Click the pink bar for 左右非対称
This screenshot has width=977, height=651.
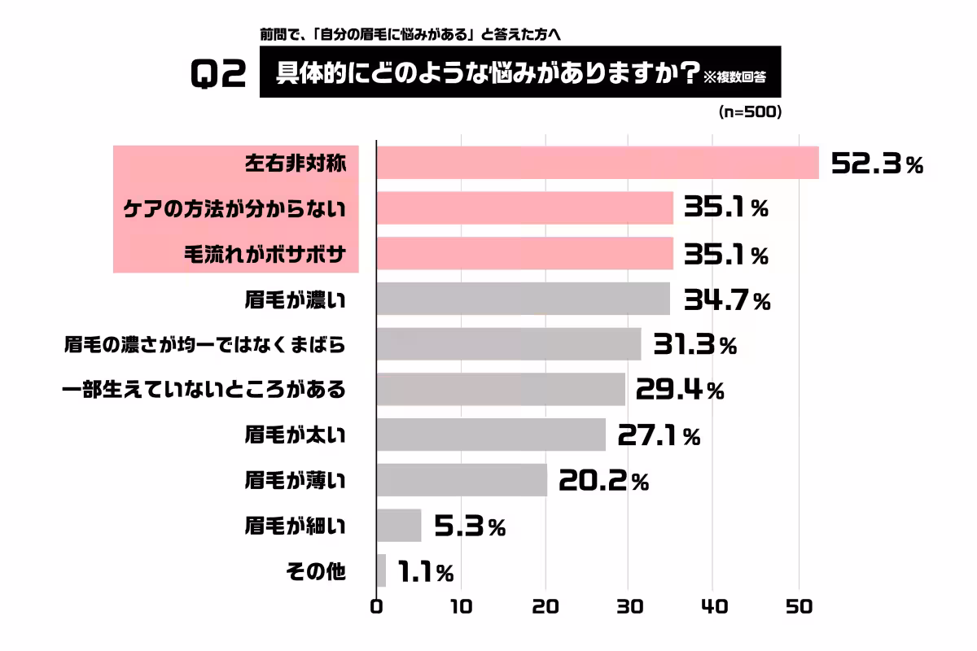click(598, 163)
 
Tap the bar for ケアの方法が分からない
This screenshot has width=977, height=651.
click(525, 208)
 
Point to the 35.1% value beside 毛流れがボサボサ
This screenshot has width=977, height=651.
click(725, 256)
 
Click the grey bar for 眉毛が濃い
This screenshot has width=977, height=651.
click(524, 299)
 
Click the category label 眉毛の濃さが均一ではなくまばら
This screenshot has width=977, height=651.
click(205, 345)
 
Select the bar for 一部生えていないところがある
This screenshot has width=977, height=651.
click(501, 390)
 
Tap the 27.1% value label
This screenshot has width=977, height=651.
click(659, 436)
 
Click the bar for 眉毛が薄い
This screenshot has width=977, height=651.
click(462, 480)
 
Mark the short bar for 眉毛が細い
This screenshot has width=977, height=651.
click(399, 526)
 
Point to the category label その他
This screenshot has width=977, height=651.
click(316, 572)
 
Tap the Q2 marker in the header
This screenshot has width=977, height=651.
click(218, 76)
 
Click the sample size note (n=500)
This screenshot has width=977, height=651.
click(750, 113)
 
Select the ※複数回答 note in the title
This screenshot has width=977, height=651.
click(736, 77)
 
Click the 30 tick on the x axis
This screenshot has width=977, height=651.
click(628, 607)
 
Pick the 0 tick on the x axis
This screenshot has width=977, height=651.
click(376, 607)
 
